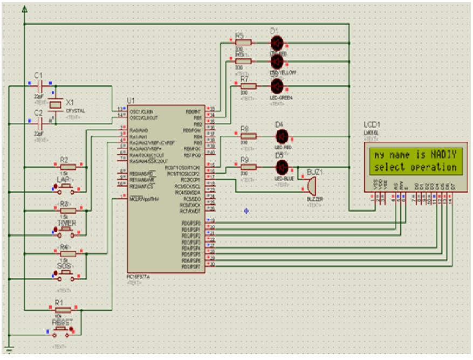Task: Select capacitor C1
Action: [38, 85]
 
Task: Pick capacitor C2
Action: [38, 123]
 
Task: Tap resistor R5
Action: [243, 42]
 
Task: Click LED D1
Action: [277, 42]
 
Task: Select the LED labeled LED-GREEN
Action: [277, 86]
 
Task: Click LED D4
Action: [281, 136]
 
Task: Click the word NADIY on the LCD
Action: [443, 155]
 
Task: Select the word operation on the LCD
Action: [434, 168]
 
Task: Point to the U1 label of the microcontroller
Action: [131, 100]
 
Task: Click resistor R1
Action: [64, 309]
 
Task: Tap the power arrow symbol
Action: [25, 9]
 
